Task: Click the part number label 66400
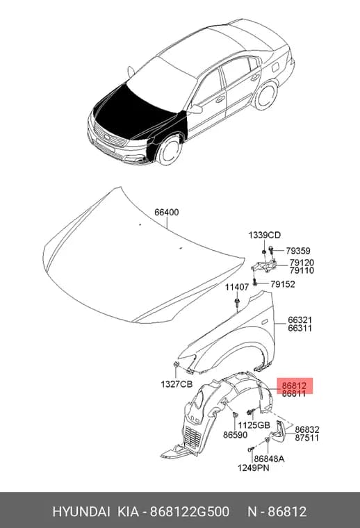pos(167,213)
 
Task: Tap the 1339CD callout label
pos(265,235)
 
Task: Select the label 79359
pos(298,251)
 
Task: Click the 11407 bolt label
pos(237,287)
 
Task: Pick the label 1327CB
pos(177,384)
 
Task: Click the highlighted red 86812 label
pos(294,386)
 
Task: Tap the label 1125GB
pos(254,426)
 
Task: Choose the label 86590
pos(236,435)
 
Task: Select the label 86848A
pos(269,459)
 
